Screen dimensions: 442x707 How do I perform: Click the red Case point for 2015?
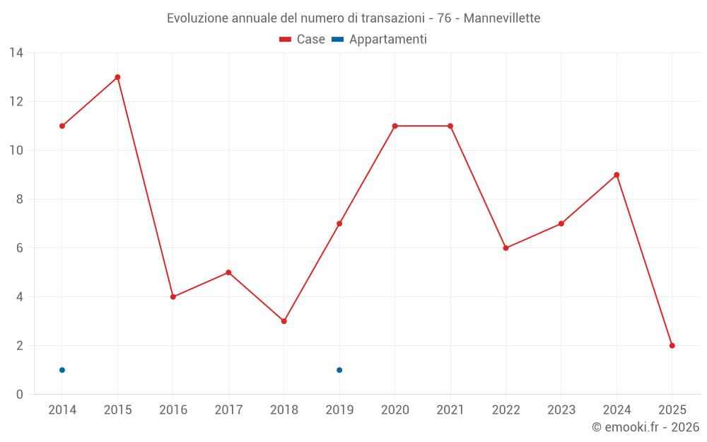point(117,77)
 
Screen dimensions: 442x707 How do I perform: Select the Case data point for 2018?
point(284,321)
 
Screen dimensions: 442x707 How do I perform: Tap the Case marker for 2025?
point(672,346)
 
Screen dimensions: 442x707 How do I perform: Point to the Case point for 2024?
point(617,175)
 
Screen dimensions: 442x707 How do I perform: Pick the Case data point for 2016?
point(173,297)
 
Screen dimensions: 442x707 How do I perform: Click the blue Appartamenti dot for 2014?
point(62,370)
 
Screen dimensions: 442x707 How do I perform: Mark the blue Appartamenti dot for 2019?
point(339,370)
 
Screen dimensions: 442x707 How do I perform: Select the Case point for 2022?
point(506,248)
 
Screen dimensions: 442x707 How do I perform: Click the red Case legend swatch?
point(286,40)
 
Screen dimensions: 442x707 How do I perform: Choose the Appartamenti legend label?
point(387,40)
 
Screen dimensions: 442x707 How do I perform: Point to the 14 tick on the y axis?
point(16,53)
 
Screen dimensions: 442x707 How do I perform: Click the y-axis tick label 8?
point(20,199)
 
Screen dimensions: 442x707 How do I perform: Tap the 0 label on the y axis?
point(20,395)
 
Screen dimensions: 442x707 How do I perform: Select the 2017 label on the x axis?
point(228,410)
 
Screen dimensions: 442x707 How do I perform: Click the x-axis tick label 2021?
point(450,410)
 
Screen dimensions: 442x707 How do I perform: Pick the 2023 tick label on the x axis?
point(561,410)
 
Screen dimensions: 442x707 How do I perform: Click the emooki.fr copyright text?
point(645,427)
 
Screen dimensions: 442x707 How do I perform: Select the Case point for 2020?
point(395,126)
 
